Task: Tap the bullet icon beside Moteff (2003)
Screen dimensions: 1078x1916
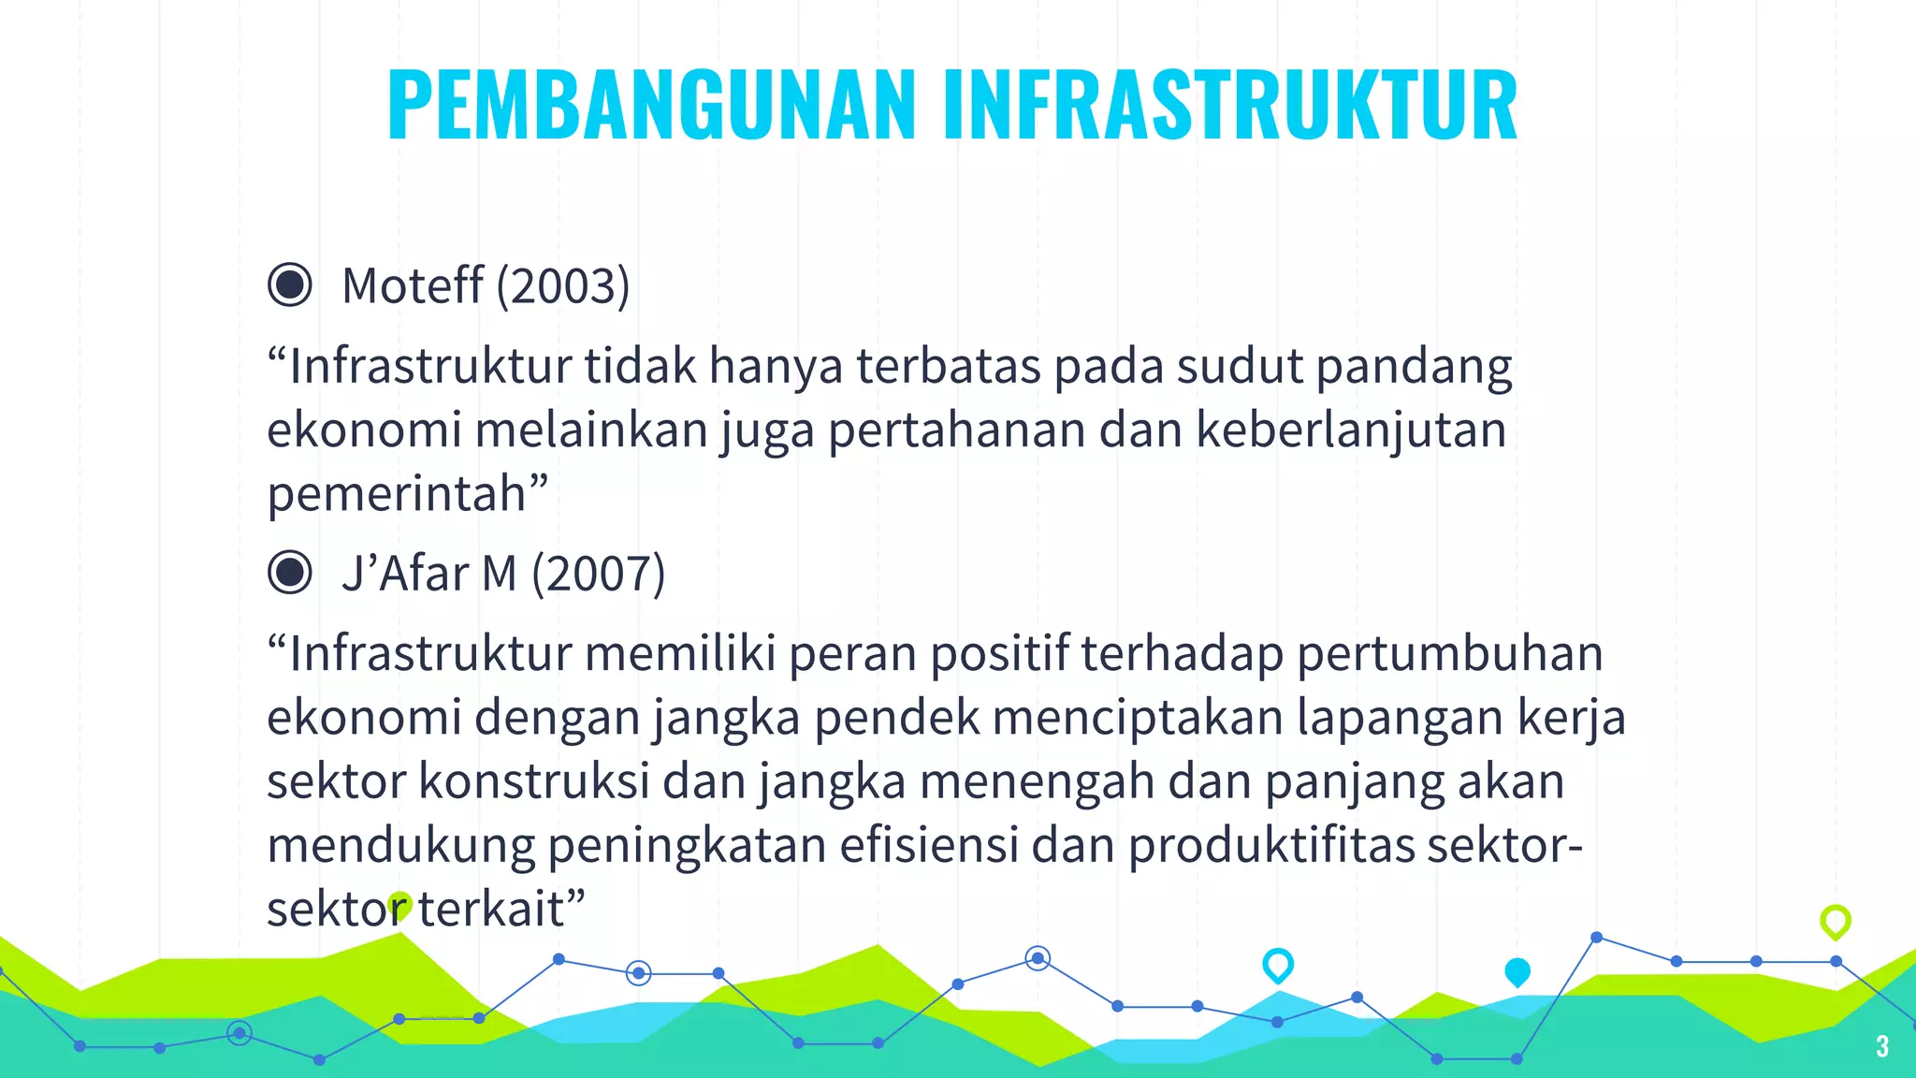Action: pyautogui.click(x=290, y=284)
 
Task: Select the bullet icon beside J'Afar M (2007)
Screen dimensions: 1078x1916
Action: pyautogui.click(x=290, y=573)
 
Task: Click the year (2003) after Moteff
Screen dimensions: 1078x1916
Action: pyautogui.click(x=563, y=285)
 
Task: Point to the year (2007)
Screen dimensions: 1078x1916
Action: pyautogui.click(x=599, y=574)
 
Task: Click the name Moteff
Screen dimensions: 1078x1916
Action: pyautogui.click(x=413, y=285)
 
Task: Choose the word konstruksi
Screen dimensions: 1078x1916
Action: pyautogui.click(x=533, y=781)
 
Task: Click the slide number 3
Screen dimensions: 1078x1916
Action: pyautogui.click(x=1882, y=1046)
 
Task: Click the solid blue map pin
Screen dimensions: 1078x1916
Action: pyautogui.click(x=1517, y=971)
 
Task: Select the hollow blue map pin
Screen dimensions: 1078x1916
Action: pyautogui.click(x=1278, y=964)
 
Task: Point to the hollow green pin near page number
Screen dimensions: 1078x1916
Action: pyautogui.click(x=1836, y=921)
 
